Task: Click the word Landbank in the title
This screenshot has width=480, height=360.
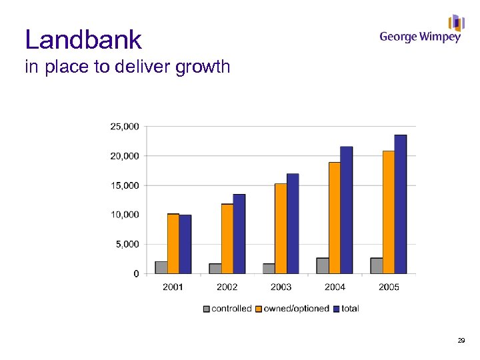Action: [x=83, y=40]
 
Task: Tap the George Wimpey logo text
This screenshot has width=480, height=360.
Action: [x=420, y=37]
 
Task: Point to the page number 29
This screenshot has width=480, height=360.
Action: [x=461, y=341]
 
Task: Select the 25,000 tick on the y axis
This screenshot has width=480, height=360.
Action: [x=125, y=126]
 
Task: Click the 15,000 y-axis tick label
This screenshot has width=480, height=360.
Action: [x=125, y=185]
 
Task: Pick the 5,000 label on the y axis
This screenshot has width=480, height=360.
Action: [x=127, y=244]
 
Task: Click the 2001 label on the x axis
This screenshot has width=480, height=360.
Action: [x=173, y=287]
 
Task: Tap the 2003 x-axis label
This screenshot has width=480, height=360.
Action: [x=281, y=287]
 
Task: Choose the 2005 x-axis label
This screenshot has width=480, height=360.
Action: [x=389, y=287]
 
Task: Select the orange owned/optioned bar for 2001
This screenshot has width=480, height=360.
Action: [x=173, y=243]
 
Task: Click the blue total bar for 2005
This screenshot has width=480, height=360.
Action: [x=400, y=204]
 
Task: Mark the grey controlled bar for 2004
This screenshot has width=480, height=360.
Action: [x=323, y=265]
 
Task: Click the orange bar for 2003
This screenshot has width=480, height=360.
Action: [x=281, y=228]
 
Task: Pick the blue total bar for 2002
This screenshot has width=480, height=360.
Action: [x=239, y=233]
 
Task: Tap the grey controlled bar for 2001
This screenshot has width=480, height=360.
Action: [x=161, y=267]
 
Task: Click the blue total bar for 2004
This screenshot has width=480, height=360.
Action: [x=346, y=210]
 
